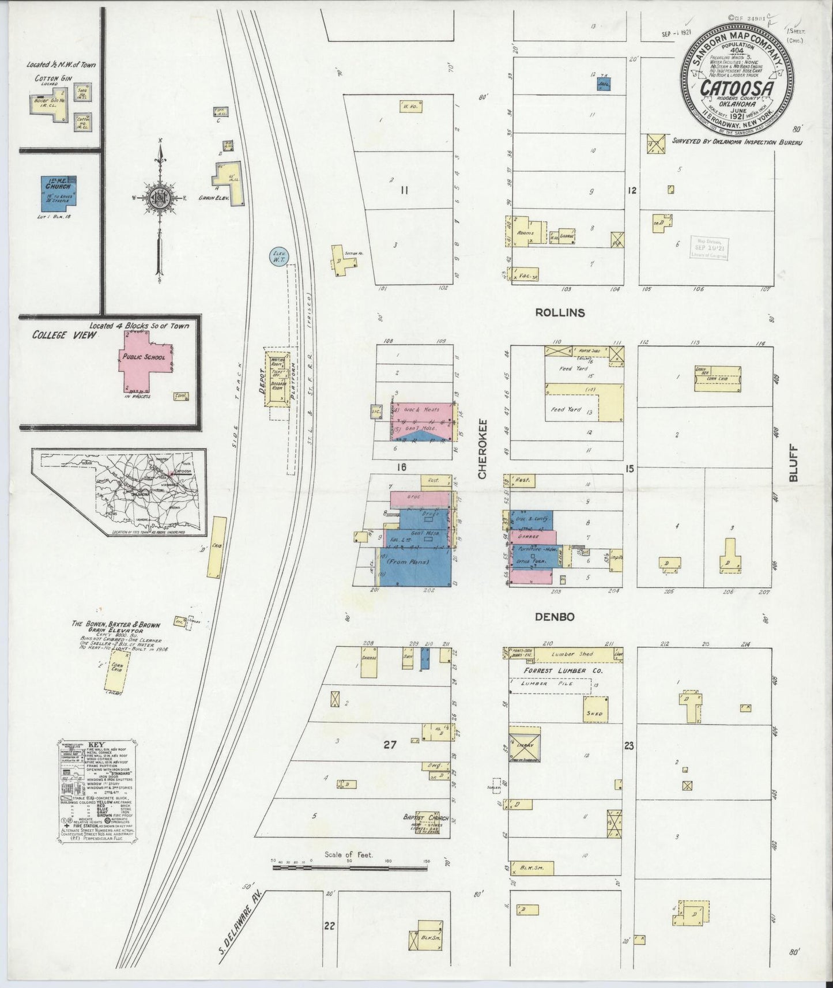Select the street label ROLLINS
pyautogui.click(x=560, y=313)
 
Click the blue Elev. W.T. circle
pyautogui.click(x=280, y=254)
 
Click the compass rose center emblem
pyautogui.click(x=158, y=198)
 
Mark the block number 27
pyautogui.click(x=390, y=745)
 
